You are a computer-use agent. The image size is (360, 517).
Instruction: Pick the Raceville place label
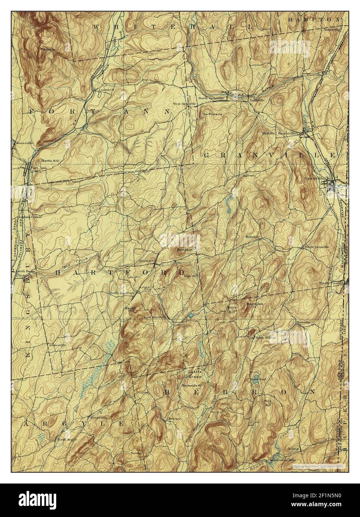(x=314, y=75)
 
